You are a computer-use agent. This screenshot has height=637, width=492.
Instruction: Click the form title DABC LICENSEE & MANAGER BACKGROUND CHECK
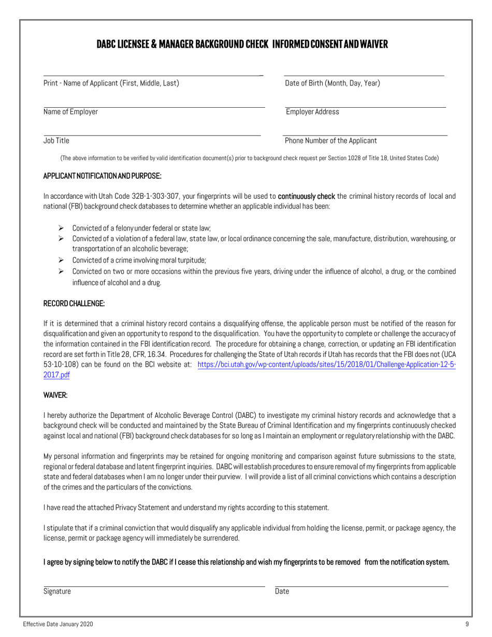[242, 45]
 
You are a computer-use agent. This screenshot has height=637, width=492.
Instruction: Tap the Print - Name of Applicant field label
[111, 83]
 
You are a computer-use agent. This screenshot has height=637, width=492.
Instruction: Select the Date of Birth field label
[332, 83]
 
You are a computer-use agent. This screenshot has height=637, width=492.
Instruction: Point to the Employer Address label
[313, 112]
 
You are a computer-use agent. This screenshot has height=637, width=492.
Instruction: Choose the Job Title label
[56, 140]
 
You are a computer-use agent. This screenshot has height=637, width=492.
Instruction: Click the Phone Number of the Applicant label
[331, 140]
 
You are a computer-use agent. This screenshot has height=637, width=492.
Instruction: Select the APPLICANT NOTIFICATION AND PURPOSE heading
[103, 176]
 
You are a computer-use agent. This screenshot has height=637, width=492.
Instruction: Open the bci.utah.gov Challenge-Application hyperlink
[327, 365]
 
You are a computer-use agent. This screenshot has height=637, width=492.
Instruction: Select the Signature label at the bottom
[57, 591]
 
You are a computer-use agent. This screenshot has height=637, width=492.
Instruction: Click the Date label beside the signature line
[282, 591]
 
